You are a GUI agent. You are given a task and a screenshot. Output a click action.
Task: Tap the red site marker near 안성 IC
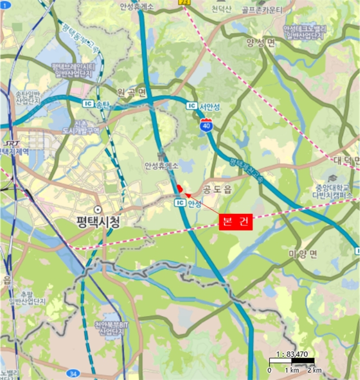pyautogui.click(x=179, y=188)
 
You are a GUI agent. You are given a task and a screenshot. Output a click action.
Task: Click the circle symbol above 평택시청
pyautogui.click(x=98, y=210)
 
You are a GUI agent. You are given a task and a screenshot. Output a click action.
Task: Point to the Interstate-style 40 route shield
pyautogui.click(x=206, y=125)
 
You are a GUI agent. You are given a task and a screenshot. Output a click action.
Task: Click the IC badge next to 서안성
pyautogui.click(x=191, y=105)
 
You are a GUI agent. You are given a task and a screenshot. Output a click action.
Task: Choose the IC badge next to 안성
pyautogui.click(x=180, y=203)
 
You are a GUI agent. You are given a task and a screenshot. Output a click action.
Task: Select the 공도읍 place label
pyautogui.click(x=217, y=189)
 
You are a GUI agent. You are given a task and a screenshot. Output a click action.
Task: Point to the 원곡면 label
pyautogui.click(x=132, y=92)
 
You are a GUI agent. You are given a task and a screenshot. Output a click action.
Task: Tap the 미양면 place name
pyautogui.click(x=302, y=254)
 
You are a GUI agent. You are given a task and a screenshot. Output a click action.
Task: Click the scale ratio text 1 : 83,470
pyautogui.click(x=292, y=354)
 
